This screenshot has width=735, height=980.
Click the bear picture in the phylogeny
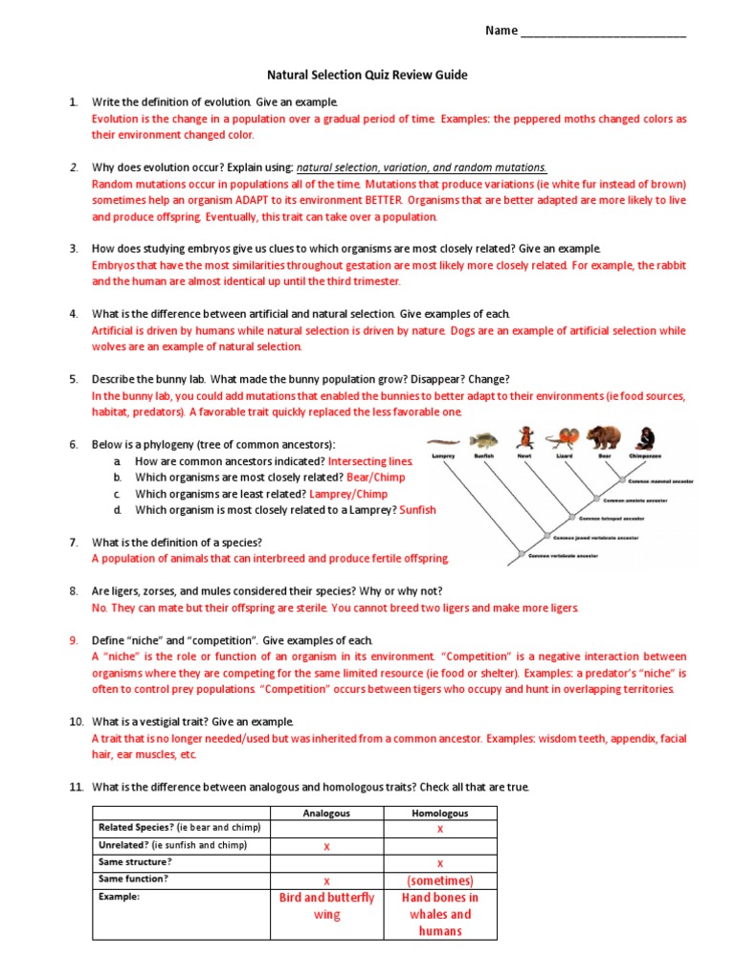(603, 437)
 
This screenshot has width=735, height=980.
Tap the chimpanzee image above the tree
(647, 438)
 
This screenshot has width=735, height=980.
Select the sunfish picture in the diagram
(485, 439)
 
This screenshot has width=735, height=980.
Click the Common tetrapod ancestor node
(572, 518)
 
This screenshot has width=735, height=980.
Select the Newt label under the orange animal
(524, 457)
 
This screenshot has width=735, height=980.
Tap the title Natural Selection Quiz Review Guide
(367, 75)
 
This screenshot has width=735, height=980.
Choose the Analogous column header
(326, 813)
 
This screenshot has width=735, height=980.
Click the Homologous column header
(440, 813)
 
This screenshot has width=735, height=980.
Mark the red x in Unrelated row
(326, 846)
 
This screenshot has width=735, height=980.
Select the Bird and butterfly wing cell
(326, 906)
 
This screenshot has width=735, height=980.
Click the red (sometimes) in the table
(440, 880)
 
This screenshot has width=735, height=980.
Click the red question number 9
(73, 639)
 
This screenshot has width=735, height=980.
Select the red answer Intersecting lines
(370, 461)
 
